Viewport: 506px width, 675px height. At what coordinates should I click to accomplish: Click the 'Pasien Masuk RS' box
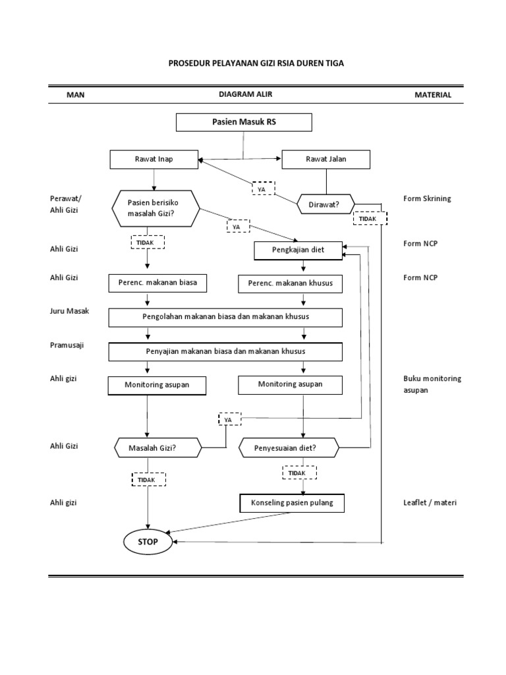pos(243,123)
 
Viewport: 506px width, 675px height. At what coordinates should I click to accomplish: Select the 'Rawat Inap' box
pos(154,160)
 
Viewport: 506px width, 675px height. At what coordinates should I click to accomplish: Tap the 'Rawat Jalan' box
pos(325,160)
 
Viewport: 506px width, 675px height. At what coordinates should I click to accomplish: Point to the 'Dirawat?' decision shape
pos(324,204)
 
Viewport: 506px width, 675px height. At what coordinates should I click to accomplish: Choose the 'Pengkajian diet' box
pos(298,250)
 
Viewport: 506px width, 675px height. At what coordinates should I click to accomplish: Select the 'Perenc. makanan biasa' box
pos(153,283)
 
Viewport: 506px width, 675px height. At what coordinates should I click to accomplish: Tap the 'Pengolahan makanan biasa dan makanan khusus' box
pos(225,317)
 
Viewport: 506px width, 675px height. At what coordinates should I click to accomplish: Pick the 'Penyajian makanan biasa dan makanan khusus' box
pos(225,352)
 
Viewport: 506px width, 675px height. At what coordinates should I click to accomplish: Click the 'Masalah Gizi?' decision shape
pos(157,448)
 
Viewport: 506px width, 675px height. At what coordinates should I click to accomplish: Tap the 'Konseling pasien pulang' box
pos(292,503)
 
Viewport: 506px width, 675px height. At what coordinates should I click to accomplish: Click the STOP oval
pos(148,542)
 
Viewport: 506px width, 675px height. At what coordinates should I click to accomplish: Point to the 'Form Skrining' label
pos(427,199)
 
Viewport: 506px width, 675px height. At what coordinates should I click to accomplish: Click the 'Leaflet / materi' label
pos(430,503)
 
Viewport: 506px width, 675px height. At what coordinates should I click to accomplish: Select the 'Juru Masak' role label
pos(70,310)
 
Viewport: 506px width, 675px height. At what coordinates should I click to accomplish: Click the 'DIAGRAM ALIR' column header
pos(245,94)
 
